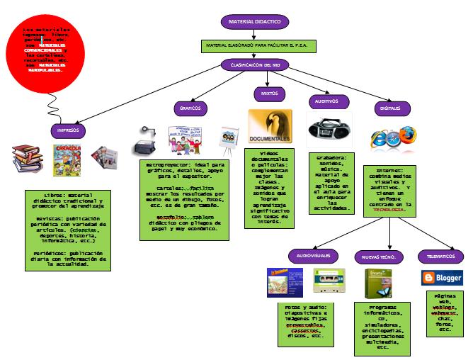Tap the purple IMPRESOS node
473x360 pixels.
coord(69,131)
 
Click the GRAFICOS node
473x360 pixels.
coord(190,108)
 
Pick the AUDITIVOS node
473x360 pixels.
coord(327,101)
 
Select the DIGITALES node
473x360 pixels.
coord(390,108)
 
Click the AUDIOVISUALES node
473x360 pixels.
coord(312,256)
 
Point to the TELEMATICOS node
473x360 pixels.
coord(441,256)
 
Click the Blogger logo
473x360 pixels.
coord(442,277)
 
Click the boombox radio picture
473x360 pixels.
coord(329,130)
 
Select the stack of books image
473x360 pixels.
coord(27,157)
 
